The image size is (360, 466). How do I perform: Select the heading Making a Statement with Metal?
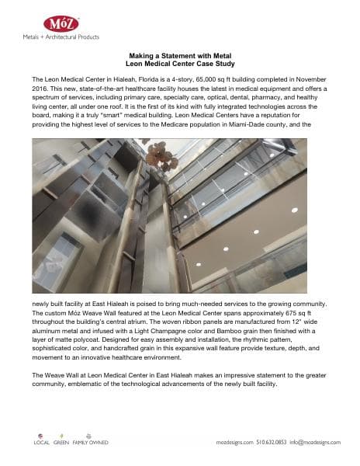[180, 56]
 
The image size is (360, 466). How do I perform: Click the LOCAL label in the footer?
[41, 442]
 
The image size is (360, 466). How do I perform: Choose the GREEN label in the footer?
[61, 442]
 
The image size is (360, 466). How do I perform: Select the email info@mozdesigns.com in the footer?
[317, 442]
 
